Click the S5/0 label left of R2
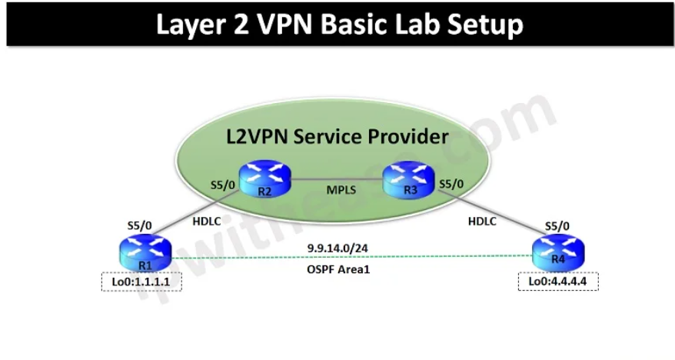pyautogui.click(x=223, y=185)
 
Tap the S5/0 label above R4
pyautogui.click(x=557, y=226)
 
